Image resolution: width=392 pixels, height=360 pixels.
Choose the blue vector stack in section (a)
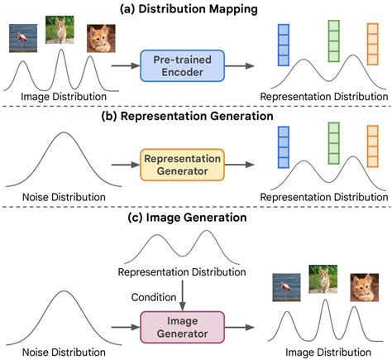pos(282,46)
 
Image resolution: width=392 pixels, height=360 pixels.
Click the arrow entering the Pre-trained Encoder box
pos(126,64)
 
